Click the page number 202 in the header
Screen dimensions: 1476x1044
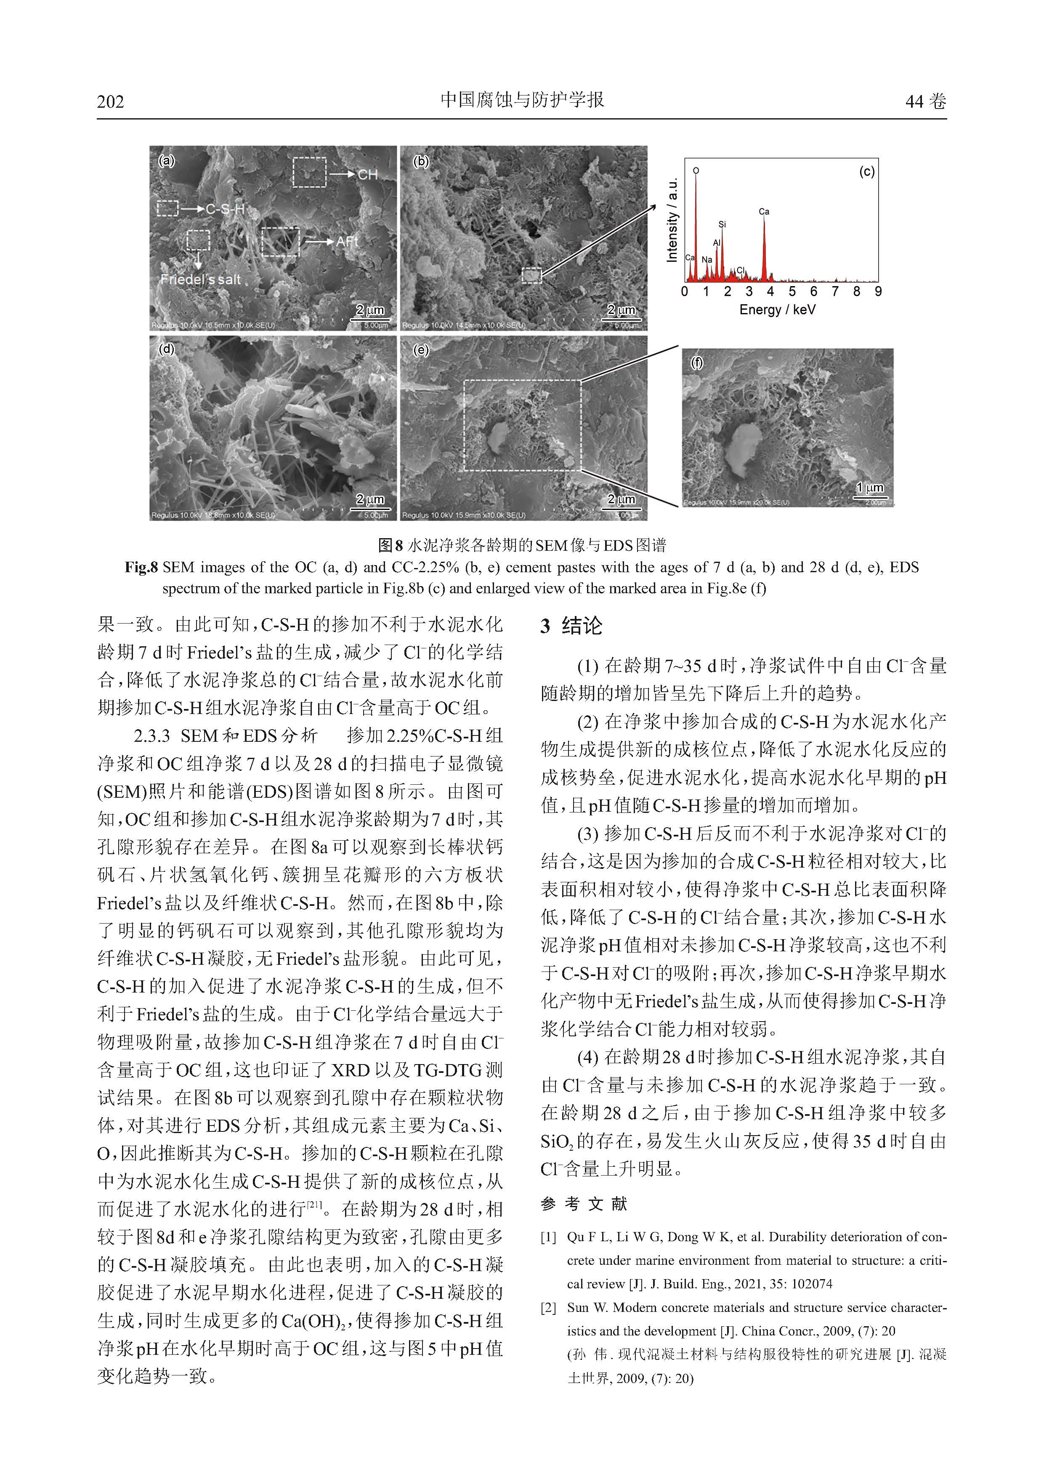point(111,101)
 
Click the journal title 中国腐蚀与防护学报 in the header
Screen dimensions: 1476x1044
point(522,100)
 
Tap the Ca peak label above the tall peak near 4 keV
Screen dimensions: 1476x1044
point(764,212)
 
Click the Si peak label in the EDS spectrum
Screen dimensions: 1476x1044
point(722,224)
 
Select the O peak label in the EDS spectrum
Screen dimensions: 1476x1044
point(696,171)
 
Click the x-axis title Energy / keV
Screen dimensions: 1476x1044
point(777,310)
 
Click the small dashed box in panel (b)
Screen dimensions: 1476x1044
point(531,276)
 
